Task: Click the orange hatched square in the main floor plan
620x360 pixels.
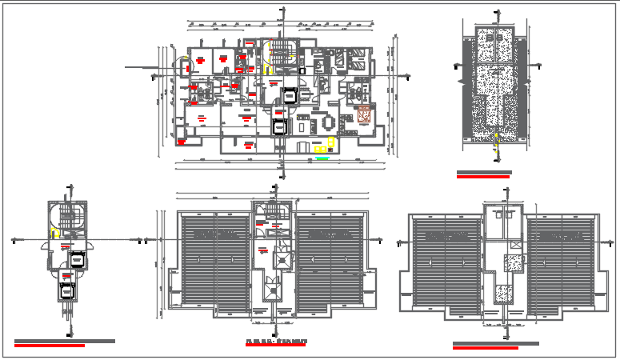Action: tap(364, 114)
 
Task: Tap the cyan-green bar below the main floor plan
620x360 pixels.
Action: tap(322, 158)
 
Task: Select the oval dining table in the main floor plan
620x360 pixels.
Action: tap(329, 123)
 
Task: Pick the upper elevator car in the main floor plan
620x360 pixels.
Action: tap(288, 94)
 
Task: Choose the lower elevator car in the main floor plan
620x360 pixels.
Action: tap(278, 126)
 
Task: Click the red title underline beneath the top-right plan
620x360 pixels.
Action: tap(482, 177)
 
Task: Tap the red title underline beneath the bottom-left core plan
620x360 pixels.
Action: tap(50, 346)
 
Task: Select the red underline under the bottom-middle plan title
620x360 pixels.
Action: tap(276, 346)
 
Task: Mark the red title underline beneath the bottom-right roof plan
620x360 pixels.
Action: tap(485, 348)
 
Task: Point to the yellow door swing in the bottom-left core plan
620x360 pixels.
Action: tap(54, 234)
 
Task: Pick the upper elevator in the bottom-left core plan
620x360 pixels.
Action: tap(77, 259)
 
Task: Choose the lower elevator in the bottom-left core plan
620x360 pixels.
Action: tap(66, 290)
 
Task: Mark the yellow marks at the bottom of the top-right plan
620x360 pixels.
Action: tap(495, 144)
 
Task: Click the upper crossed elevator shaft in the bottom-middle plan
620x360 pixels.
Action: tap(282, 260)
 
